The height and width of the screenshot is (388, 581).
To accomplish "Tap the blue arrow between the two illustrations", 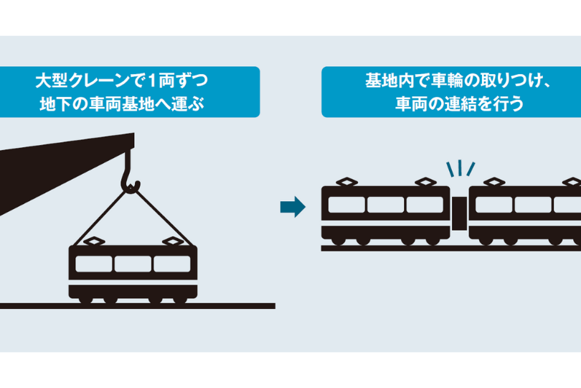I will pyautogui.click(x=292, y=208).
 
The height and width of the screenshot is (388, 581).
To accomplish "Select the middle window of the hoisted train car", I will pyautogui.click(x=133, y=264).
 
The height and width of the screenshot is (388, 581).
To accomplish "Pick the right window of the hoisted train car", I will pyautogui.click(x=173, y=264).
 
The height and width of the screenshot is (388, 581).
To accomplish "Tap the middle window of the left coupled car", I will pyautogui.click(x=385, y=204).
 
